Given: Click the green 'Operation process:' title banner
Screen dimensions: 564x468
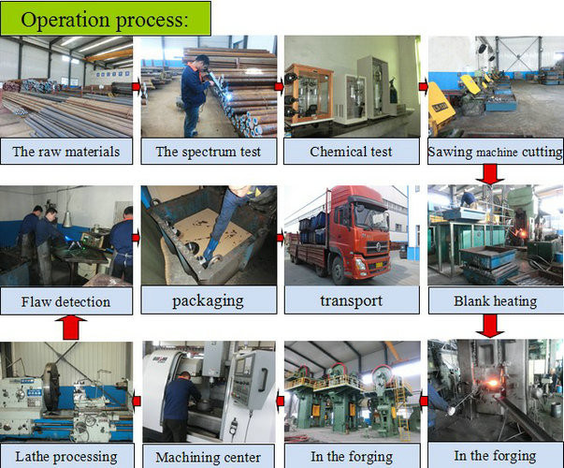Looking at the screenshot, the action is pos(106,19).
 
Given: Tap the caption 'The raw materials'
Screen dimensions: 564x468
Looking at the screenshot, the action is pos(66,152).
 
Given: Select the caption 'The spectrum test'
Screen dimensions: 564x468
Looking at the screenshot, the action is pos(209,152).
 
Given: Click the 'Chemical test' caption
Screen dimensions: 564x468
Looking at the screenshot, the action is pos(351,152).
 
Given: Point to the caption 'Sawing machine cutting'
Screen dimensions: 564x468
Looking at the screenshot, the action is pos(496,152).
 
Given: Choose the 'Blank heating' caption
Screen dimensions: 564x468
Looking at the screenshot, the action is pos(496,301).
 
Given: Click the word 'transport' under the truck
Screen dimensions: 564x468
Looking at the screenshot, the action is pos(352,301).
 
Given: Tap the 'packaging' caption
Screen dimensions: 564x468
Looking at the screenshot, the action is pos(208,301).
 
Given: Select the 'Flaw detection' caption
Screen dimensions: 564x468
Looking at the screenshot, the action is pos(65,301).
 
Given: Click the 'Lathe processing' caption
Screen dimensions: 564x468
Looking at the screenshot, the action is pos(66,457).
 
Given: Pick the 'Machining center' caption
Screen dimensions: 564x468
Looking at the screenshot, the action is pos(209,457).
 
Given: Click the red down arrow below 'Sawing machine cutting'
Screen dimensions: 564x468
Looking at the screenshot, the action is pos(490,174).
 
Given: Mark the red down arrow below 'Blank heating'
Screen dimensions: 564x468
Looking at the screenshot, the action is pos(490,326).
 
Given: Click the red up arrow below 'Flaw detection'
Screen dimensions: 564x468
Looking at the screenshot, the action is pos(71,328).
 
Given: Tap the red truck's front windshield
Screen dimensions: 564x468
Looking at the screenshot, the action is pos(369,215).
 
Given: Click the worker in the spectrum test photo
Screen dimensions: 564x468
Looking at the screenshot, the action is pos(195,95).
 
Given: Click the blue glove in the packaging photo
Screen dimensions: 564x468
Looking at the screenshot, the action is pos(209,249).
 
